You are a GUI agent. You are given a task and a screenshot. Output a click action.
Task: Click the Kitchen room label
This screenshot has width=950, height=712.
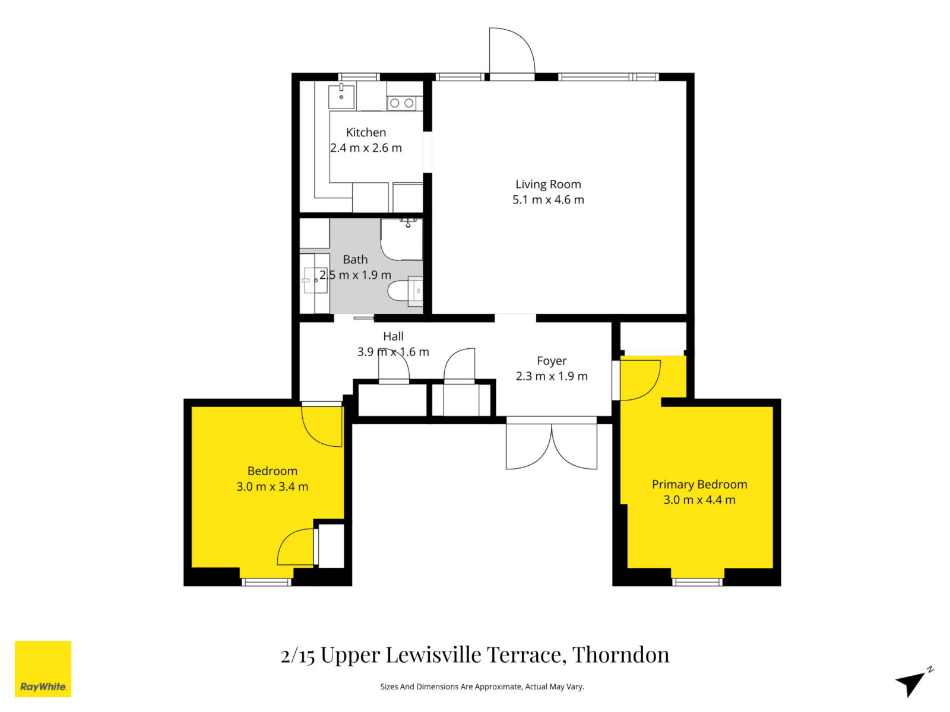pyautogui.click(x=366, y=132)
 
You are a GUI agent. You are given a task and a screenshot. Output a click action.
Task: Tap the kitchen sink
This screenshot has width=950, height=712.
pyautogui.click(x=342, y=96)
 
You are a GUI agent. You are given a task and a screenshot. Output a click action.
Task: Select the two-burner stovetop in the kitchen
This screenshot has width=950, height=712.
pyautogui.click(x=402, y=103)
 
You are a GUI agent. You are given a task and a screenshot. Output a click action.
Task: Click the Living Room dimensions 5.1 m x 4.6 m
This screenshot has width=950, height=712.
pyautogui.click(x=548, y=200)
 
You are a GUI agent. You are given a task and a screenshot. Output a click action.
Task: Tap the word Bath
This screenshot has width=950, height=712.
pyautogui.click(x=355, y=259)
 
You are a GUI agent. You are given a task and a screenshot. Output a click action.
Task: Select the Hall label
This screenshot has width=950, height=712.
pyautogui.click(x=393, y=336)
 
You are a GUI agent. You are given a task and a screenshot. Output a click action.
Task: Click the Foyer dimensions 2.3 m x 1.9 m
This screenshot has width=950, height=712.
pyautogui.click(x=552, y=376)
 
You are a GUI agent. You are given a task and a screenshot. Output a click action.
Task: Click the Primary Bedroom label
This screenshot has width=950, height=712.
pyautogui.click(x=699, y=484)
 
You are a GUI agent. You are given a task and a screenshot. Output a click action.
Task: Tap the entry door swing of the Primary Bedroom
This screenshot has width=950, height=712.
pyautogui.click(x=640, y=380)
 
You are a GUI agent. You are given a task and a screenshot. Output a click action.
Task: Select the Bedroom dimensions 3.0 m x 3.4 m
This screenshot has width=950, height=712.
pyautogui.click(x=273, y=487)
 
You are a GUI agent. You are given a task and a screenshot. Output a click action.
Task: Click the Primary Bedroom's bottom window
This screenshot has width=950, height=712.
pyautogui.click(x=698, y=582)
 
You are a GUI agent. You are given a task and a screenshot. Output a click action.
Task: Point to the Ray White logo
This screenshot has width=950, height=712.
pyautogui.click(x=43, y=669)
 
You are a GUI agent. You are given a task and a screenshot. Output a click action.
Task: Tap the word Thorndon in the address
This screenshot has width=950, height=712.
pyautogui.click(x=620, y=655)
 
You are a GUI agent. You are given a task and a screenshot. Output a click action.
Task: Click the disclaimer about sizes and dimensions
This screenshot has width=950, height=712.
pyautogui.click(x=482, y=686)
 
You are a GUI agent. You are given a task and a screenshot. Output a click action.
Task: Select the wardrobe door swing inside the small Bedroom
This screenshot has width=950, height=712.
pyautogui.click(x=296, y=547)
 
